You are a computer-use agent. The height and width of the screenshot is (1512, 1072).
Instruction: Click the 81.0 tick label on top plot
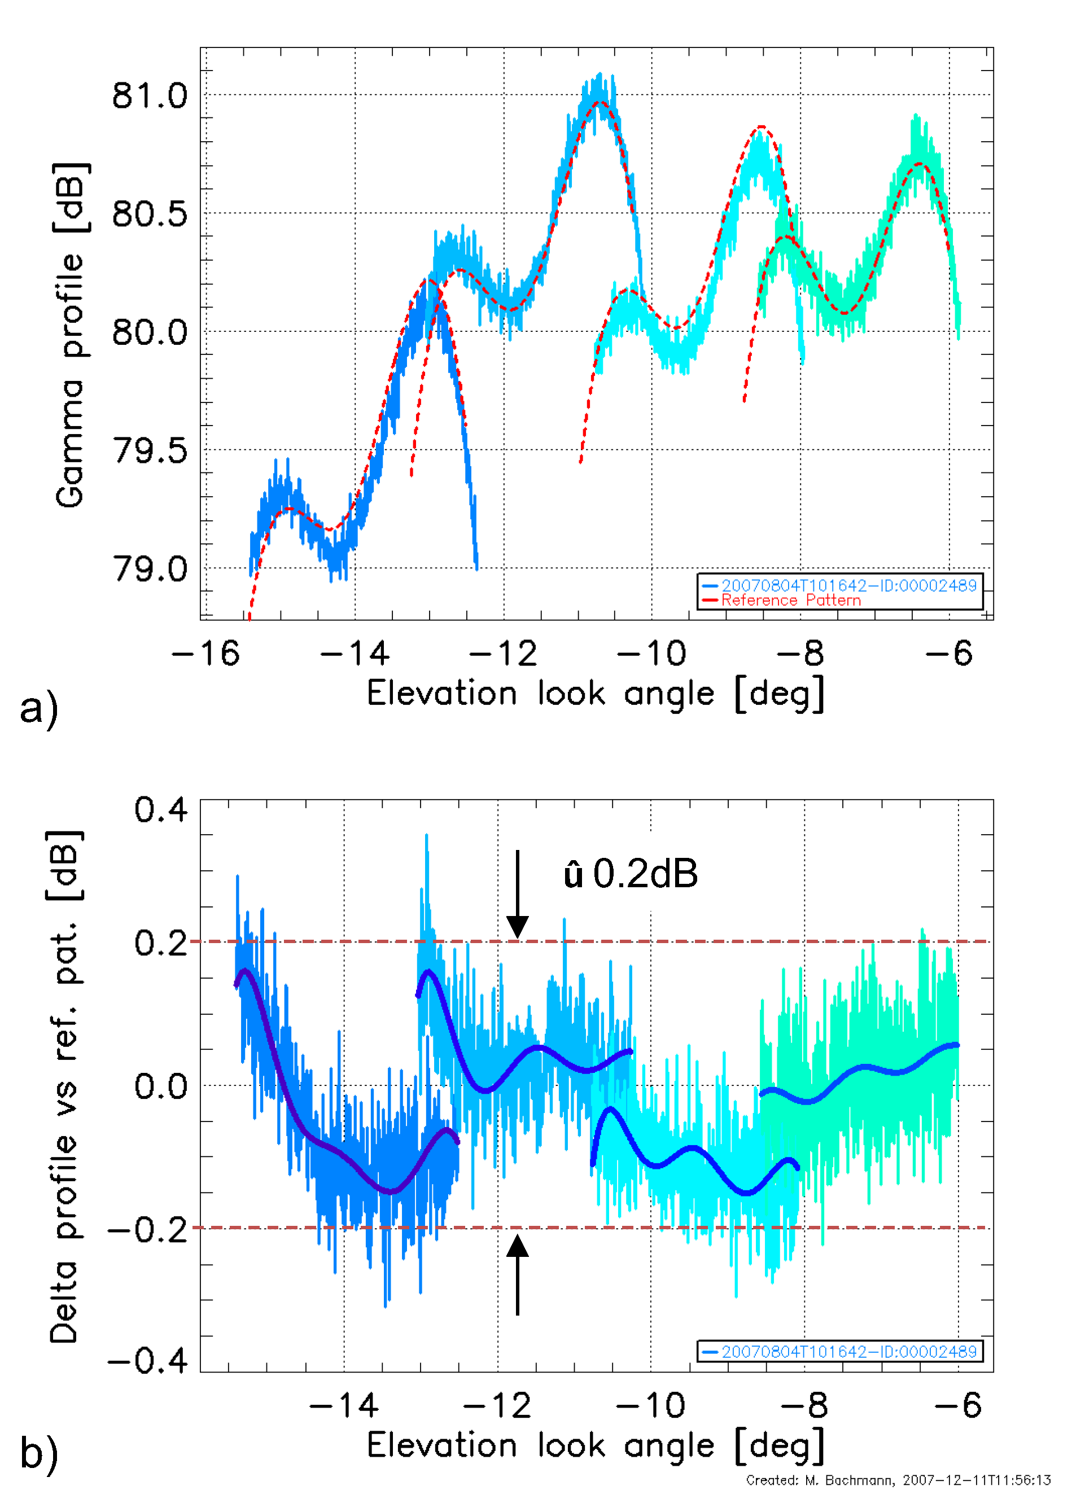[149, 97]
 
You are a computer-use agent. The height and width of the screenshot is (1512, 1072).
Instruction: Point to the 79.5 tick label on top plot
[149, 452]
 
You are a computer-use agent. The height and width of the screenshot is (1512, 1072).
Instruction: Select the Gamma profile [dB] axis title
[70, 335]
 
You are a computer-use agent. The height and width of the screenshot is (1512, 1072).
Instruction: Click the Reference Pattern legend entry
[790, 601]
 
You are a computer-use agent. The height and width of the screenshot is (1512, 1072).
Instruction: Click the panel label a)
[39, 708]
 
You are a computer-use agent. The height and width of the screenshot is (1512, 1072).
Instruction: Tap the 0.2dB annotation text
[631, 874]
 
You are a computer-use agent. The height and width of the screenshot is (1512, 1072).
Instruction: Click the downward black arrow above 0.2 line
[518, 893]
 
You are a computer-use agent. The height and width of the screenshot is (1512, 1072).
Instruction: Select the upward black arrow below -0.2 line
[518, 1274]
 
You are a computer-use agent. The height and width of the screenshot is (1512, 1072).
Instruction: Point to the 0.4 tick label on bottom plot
[160, 810]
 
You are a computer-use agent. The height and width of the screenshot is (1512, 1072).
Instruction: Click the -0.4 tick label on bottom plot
[148, 1360]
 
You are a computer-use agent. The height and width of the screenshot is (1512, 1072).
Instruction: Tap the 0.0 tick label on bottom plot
[160, 1086]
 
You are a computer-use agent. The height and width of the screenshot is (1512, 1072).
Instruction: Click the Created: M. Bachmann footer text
[898, 1480]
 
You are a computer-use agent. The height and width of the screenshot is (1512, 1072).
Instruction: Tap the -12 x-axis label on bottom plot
[498, 1406]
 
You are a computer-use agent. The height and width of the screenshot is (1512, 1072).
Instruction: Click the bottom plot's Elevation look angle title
[596, 1446]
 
